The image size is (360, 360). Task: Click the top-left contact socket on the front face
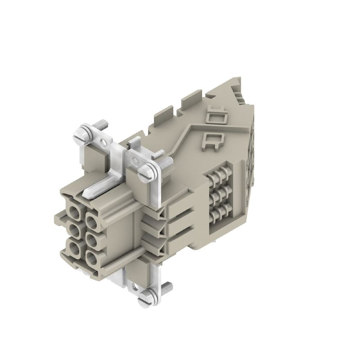[73, 211]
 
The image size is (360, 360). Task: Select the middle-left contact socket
[73, 232]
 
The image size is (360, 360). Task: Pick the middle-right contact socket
[91, 241]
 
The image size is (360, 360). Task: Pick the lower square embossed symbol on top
[212, 139]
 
